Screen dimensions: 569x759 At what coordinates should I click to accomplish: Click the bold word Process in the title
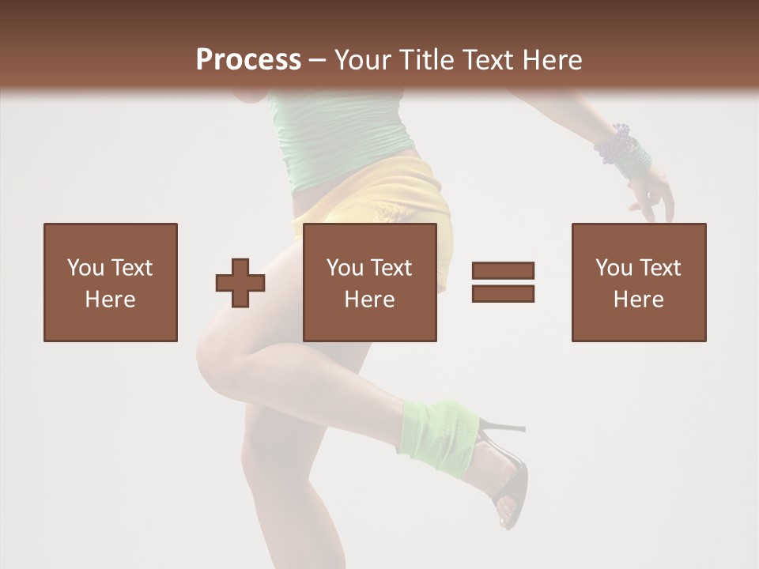pyautogui.click(x=248, y=60)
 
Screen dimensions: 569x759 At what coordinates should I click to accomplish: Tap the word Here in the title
pyautogui.click(x=552, y=60)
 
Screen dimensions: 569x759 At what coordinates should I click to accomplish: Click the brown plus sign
pyautogui.click(x=240, y=282)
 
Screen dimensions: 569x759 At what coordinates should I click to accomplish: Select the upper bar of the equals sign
pyautogui.click(x=503, y=270)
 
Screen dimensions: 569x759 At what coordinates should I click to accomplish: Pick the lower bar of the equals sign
pyautogui.click(x=503, y=293)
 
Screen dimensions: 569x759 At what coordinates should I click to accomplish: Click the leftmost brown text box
pyautogui.click(x=111, y=282)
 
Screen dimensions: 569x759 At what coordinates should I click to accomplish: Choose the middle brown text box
pyautogui.click(x=370, y=282)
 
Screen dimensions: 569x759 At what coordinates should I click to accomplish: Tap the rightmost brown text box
pyautogui.click(x=639, y=282)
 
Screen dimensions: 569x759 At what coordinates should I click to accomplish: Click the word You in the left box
pyautogui.click(x=85, y=268)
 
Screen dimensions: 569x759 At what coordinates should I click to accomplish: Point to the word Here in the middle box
pyautogui.click(x=370, y=300)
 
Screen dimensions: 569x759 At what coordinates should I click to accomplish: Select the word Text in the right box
pyautogui.click(x=659, y=268)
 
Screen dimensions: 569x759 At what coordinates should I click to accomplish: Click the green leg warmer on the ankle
pyautogui.click(x=437, y=431)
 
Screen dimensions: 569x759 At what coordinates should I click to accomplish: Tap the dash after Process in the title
pyautogui.click(x=318, y=60)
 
